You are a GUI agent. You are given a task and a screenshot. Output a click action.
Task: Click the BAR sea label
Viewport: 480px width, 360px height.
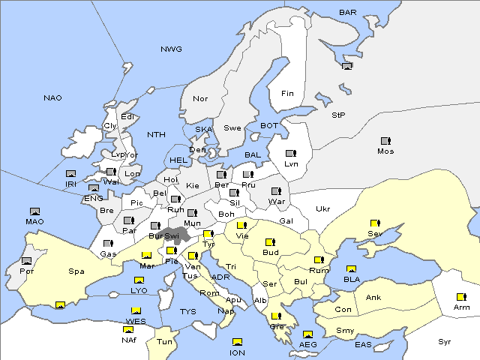point(348,12)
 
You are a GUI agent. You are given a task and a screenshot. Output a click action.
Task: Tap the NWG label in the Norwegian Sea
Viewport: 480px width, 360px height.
point(171,49)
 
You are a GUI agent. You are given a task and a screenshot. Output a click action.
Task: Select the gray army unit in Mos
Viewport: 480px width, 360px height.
point(385,141)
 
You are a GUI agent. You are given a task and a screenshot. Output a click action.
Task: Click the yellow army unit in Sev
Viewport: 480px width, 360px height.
point(375,223)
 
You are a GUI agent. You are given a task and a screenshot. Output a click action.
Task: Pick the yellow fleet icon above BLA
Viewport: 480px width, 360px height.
point(351,269)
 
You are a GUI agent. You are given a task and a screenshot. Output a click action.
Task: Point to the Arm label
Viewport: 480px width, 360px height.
point(461,308)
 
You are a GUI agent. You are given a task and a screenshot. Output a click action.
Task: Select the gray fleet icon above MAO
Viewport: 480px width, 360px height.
point(34,211)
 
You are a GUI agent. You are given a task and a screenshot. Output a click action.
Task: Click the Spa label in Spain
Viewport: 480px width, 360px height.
point(76,271)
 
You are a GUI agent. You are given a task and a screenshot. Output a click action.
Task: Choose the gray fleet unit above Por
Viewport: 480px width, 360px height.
point(27,261)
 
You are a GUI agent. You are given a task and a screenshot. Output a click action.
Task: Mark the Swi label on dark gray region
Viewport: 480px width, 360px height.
point(172,235)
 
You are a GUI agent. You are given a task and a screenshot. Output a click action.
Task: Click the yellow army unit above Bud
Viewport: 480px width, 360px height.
point(270,243)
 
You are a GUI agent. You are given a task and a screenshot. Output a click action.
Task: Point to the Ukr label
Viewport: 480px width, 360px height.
point(322,208)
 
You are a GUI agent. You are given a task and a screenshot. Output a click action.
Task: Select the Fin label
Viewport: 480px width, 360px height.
point(287,94)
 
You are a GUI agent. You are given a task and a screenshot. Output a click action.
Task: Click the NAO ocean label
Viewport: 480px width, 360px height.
point(52,97)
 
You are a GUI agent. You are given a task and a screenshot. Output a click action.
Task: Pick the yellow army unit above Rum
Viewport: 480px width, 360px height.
point(319,260)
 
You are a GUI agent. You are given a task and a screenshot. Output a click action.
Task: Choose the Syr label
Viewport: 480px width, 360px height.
point(445,341)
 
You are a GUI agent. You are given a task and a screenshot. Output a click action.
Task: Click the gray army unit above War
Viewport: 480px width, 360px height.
point(276,191)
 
